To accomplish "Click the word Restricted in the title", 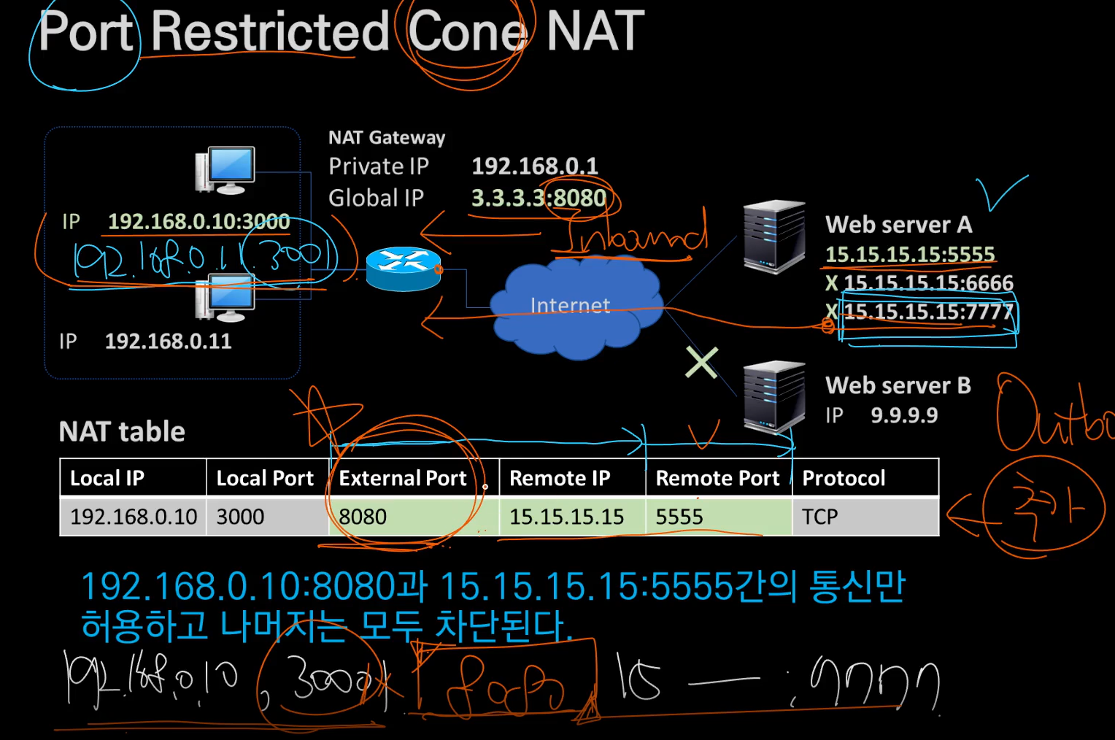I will click(x=270, y=32).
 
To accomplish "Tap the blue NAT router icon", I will click(x=404, y=269).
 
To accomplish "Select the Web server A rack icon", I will click(x=773, y=236).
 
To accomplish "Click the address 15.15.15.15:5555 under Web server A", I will click(x=910, y=254).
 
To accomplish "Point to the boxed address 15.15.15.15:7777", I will click(x=928, y=312).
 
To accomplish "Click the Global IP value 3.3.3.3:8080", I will click(x=539, y=198).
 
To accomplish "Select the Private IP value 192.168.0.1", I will click(x=534, y=166).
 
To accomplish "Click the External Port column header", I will click(x=403, y=478).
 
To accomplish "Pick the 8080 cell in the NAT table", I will click(x=363, y=517).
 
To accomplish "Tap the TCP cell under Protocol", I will click(x=820, y=517).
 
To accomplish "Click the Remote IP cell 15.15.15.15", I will click(x=566, y=517).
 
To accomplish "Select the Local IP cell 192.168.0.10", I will click(x=134, y=517).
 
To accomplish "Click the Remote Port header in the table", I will click(x=717, y=478).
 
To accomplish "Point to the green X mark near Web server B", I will click(x=701, y=363).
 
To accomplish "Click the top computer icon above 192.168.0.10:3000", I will click(x=225, y=170).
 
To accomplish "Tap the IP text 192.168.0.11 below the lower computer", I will click(x=168, y=341).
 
